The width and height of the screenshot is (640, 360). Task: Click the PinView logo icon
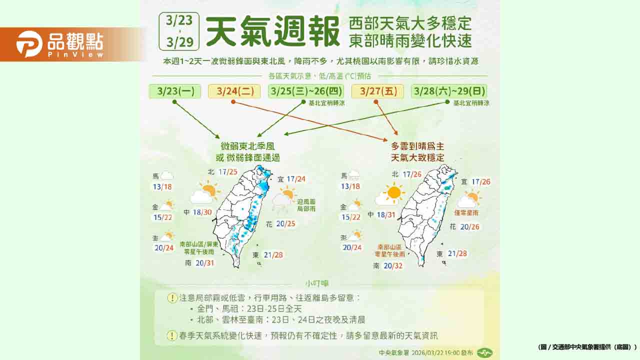click(29, 44)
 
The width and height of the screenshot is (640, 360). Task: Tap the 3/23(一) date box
click(175, 91)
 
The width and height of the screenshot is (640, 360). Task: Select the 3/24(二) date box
click(234, 91)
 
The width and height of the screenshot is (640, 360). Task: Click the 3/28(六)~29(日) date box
click(449, 91)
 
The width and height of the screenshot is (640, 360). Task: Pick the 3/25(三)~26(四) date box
click(306, 91)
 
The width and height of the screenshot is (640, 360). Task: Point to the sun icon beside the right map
click(393, 192)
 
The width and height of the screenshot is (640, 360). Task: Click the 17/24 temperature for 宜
click(294, 179)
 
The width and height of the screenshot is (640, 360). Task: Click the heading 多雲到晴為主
click(417, 146)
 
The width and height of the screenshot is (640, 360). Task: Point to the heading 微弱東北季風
click(250, 146)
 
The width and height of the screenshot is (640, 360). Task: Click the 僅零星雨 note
click(466, 213)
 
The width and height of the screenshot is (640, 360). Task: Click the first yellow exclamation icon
click(172, 298)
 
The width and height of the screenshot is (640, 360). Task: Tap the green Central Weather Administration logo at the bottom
click(483, 352)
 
